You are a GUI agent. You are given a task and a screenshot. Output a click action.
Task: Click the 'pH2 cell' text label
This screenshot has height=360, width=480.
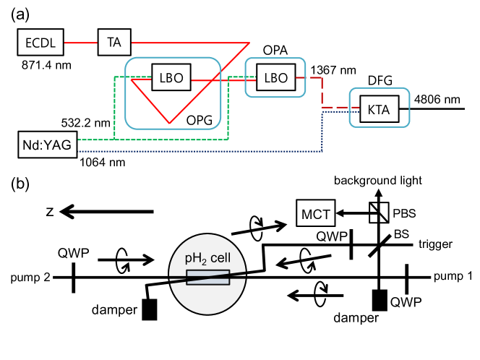[x=207, y=258]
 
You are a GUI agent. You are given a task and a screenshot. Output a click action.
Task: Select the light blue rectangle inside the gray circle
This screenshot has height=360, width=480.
[x=207, y=277]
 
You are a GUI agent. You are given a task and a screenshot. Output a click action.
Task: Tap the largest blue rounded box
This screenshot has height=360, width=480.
[x=173, y=93]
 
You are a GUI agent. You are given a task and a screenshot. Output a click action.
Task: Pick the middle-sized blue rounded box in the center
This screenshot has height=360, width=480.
[x=275, y=77]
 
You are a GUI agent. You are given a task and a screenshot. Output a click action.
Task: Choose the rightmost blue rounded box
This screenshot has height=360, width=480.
[x=380, y=107]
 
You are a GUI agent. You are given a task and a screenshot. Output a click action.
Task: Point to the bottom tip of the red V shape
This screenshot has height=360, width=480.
[x=169, y=123]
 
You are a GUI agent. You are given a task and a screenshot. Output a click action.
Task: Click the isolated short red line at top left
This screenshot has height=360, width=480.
[x=80, y=43]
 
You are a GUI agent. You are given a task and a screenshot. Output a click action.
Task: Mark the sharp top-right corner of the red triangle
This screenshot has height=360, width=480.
[x=248, y=43]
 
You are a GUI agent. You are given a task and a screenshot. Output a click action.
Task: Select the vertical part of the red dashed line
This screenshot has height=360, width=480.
[x=322, y=92]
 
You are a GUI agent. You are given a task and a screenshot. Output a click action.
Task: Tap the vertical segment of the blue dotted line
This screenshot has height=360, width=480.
[x=322, y=132]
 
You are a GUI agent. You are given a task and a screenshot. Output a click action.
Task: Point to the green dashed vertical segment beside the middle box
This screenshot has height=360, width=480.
[x=228, y=108]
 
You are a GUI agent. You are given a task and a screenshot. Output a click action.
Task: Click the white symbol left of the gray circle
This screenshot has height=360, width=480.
[x=129, y=260]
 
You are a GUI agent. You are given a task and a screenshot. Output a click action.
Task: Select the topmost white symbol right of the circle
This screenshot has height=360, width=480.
[x=263, y=227]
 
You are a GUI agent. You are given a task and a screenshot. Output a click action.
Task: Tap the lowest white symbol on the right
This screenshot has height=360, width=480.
[x=327, y=293]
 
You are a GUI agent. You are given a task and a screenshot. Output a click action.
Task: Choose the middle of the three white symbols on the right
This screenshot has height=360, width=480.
[x=312, y=259]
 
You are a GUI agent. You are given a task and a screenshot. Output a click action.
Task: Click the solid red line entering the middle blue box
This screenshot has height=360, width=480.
[x=224, y=80]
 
